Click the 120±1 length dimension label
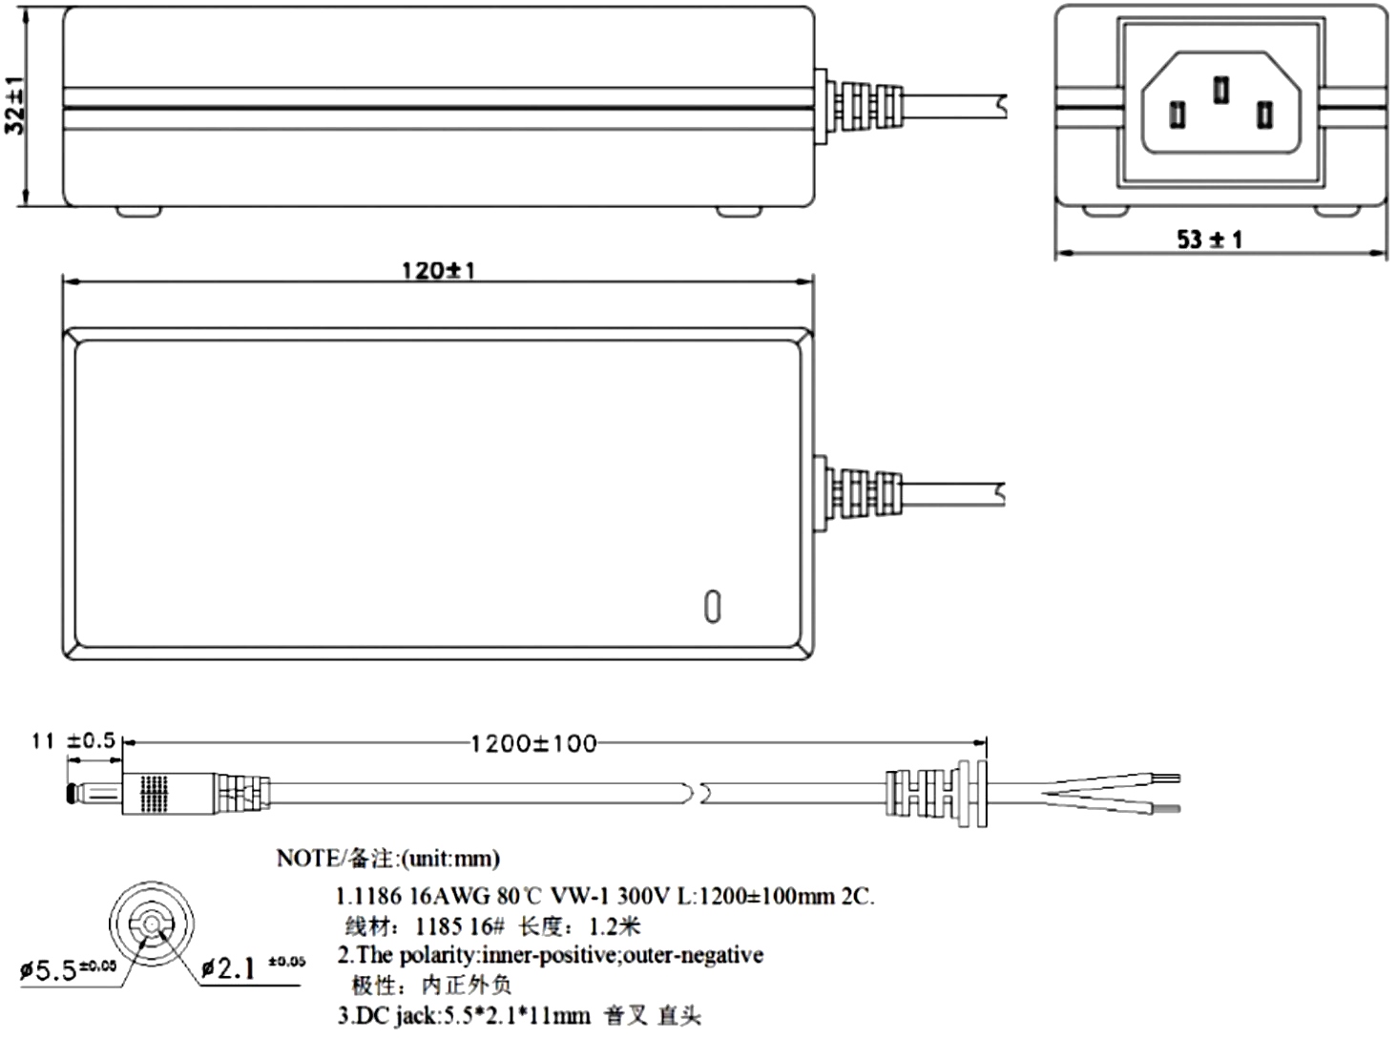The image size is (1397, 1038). click(x=438, y=270)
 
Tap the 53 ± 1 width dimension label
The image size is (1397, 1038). click(x=1209, y=239)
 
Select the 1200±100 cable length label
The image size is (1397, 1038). click(x=533, y=743)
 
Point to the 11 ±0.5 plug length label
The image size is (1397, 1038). click(x=73, y=740)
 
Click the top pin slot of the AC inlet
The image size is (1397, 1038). click(x=1220, y=90)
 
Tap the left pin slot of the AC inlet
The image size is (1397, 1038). click(x=1178, y=115)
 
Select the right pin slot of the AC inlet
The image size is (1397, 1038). click(x=1264, y=115)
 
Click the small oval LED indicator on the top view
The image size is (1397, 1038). click(x=712, y=607)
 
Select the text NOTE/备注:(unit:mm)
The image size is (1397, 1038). click(x=387, y=859)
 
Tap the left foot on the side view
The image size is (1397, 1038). click(x=138, y=209)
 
